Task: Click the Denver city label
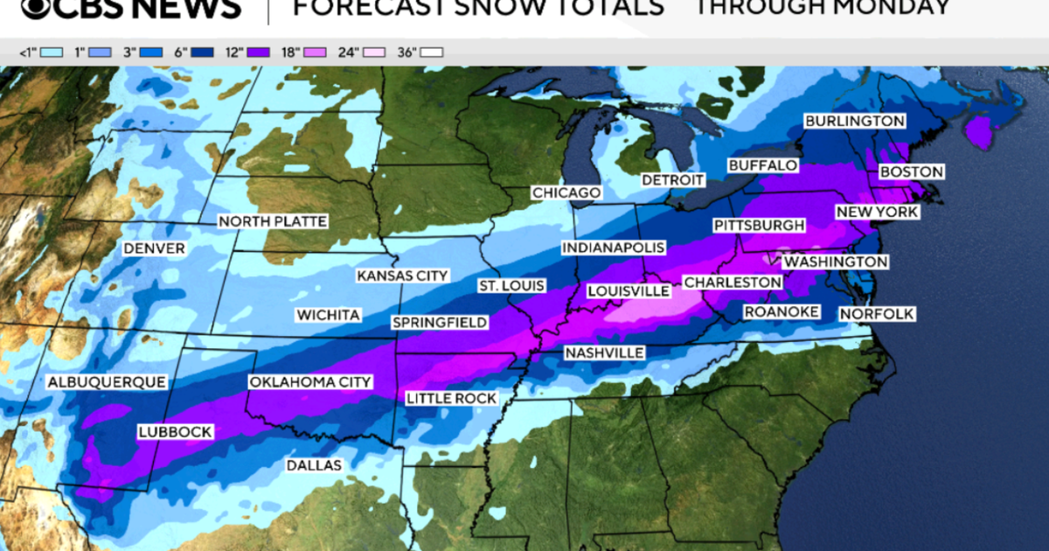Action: [x=154, y=248]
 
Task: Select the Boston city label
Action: [x=912, y=172]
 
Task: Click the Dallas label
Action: [x=314, y=465]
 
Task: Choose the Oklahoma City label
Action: [x=310, y=382]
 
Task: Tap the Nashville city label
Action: [x=604, y=352]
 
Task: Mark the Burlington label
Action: [x=854, y=121]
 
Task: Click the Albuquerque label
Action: [x=106, y=382]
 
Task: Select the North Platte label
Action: [x=272, y=221]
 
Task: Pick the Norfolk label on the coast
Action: [x=876, y=313]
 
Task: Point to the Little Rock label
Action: [x=451, y=398]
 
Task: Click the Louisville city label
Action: [x=627, y=290]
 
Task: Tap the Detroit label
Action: [x=672, y=179]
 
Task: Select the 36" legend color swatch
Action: [x=432, y=52]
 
